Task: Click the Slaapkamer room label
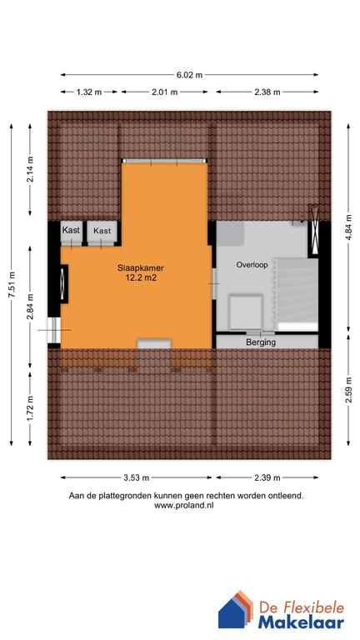(140, 268)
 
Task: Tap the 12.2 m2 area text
(140, 279)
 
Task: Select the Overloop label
(251, 264)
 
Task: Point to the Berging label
(261, 342)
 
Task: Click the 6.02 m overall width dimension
(188, 74)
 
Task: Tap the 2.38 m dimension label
(267, 92)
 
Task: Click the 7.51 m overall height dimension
(12, 285)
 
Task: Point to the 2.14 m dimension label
(30, 170)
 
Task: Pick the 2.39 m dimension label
(267, 478)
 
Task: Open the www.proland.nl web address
(185, 505)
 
